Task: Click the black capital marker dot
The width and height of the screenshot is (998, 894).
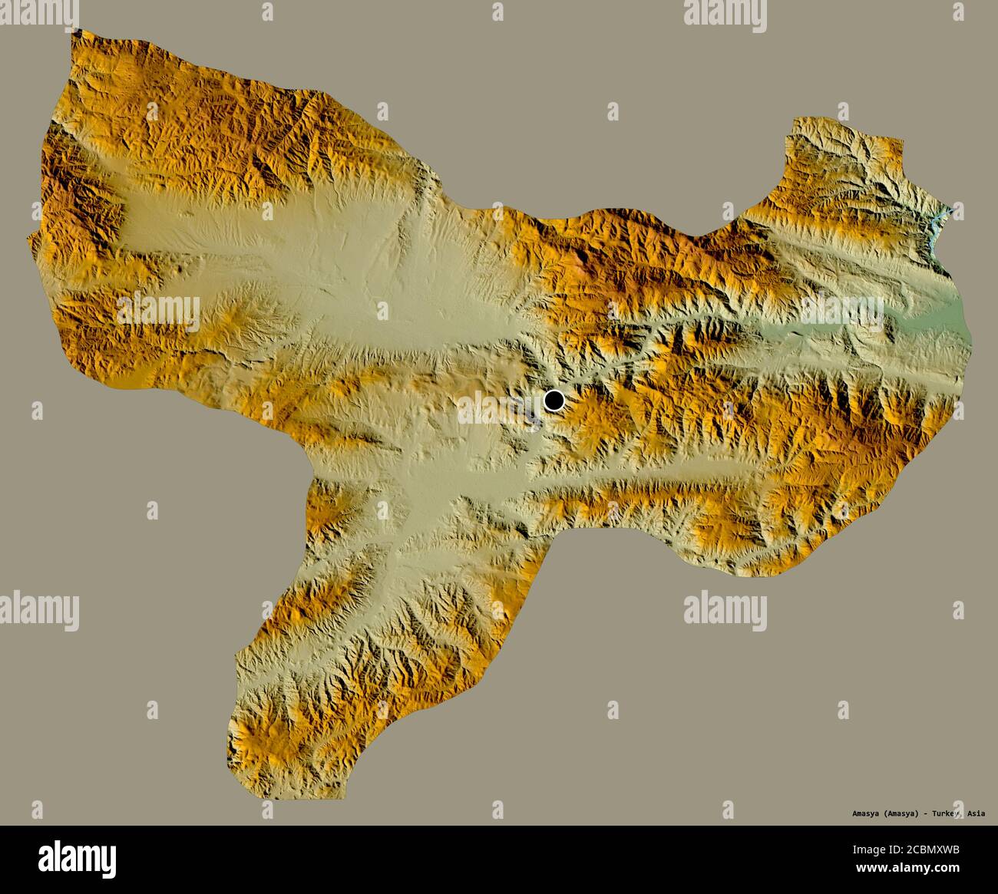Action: (554, 400)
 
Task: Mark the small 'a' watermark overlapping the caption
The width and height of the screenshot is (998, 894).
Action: (957, 810)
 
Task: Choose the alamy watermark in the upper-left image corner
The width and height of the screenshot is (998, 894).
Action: (39, 12)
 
